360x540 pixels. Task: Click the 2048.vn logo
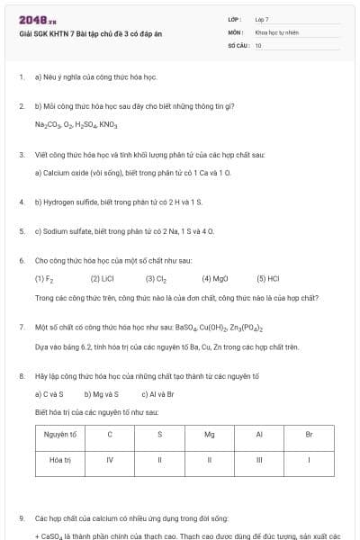[x=37, y=20]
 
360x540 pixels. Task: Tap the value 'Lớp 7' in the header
[x=262, y=19]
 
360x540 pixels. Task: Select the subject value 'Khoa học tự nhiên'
[x=276, y=31]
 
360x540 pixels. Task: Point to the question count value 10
[x=258, y=44]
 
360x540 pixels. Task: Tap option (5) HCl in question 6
[x=268, y=279]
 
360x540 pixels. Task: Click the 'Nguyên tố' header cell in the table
[x=60, y=435]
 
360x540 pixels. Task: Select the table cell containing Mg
[x=209, y=435]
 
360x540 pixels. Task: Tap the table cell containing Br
[x=309, y=435]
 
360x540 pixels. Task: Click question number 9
[x=22, y=518]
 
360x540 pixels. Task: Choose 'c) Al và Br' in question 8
[x=157, y=394]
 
